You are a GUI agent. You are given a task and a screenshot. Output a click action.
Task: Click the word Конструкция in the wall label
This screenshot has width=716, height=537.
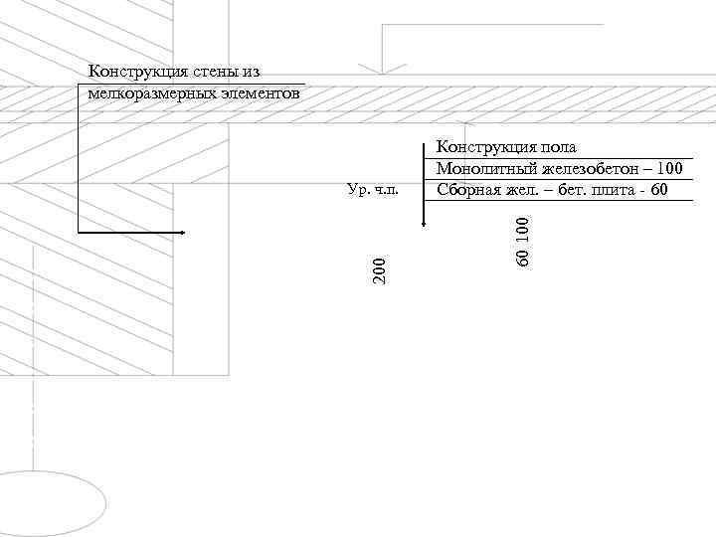(135, 72)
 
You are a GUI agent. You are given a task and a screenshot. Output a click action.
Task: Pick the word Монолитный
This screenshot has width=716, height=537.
(480, 168)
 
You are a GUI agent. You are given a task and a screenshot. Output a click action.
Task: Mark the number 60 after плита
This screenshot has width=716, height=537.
(658, 189)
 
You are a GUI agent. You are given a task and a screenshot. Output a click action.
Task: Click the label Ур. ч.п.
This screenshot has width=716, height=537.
(373, 189)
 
